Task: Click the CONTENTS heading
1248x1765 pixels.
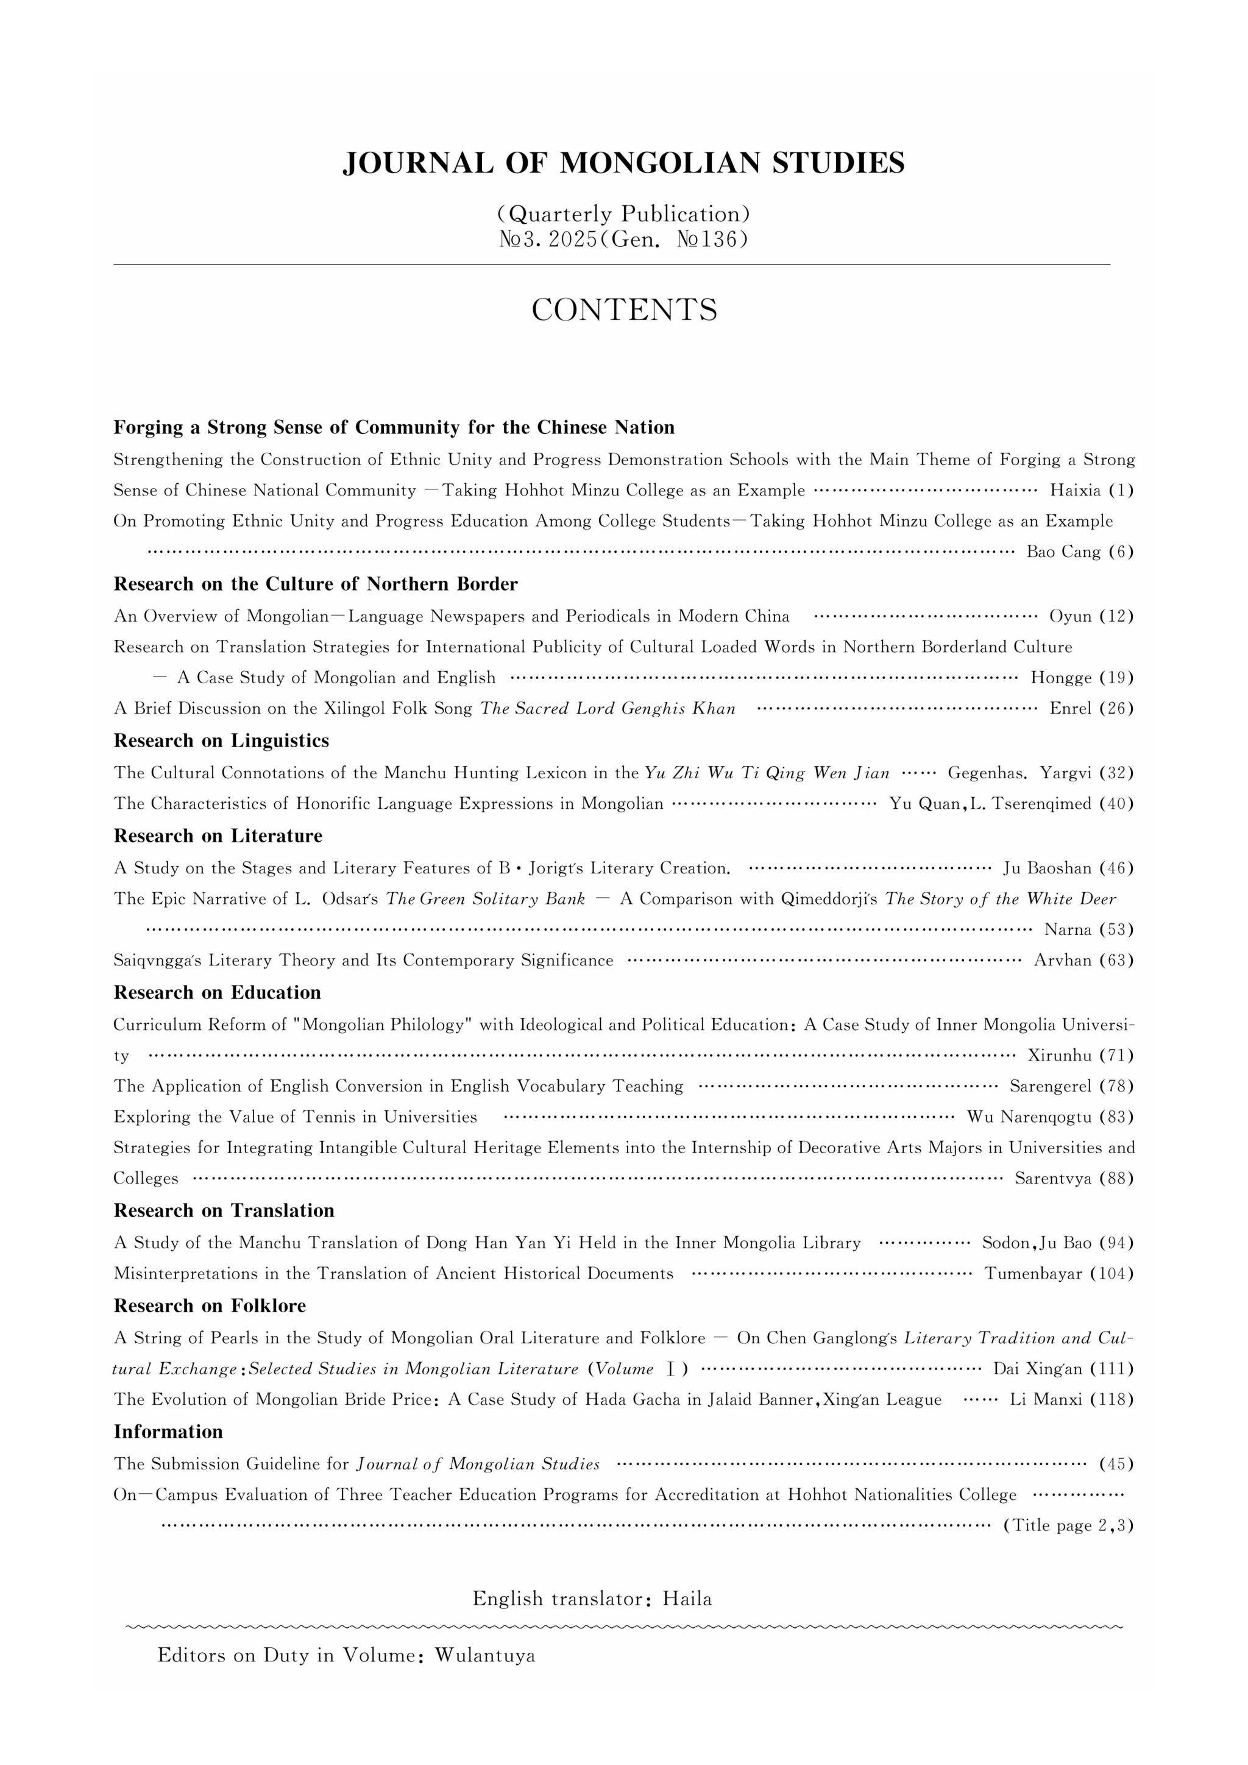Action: pyautogui.click(x=624, y=310)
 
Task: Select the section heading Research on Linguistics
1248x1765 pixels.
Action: pyautogui.click(x=221, y=740)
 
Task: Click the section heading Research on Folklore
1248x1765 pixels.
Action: pyautogui.click(x=210, y=1305)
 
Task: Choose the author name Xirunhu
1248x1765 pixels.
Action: pyautogui.click(x=1060, y=1056)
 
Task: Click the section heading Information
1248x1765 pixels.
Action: pyautogui.click(x=168, y=1432)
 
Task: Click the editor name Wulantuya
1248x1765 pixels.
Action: pyautogui.click(x=485, y=1655)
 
